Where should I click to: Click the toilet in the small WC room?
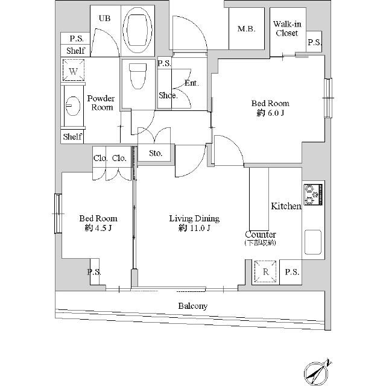(138, 75)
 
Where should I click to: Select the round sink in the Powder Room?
(72, 107)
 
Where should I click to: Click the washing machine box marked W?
(73, 72)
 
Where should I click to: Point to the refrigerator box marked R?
(265, 271)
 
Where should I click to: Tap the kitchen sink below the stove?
(314, 242)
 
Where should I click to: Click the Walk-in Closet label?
(287, 28)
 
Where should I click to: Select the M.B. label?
(246, 28)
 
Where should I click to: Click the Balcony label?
(192, 306)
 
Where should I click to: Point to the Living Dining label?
(194, 218)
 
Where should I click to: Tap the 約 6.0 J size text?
(270, 113)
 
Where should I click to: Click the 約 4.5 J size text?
(98, 229)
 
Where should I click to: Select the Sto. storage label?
(156, 153)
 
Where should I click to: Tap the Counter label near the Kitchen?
(261, 234)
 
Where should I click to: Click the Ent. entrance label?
(191, 83)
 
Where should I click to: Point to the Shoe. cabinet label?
(167, 95)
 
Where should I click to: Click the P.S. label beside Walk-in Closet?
(314, 42)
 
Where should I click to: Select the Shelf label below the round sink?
(72, 137)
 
